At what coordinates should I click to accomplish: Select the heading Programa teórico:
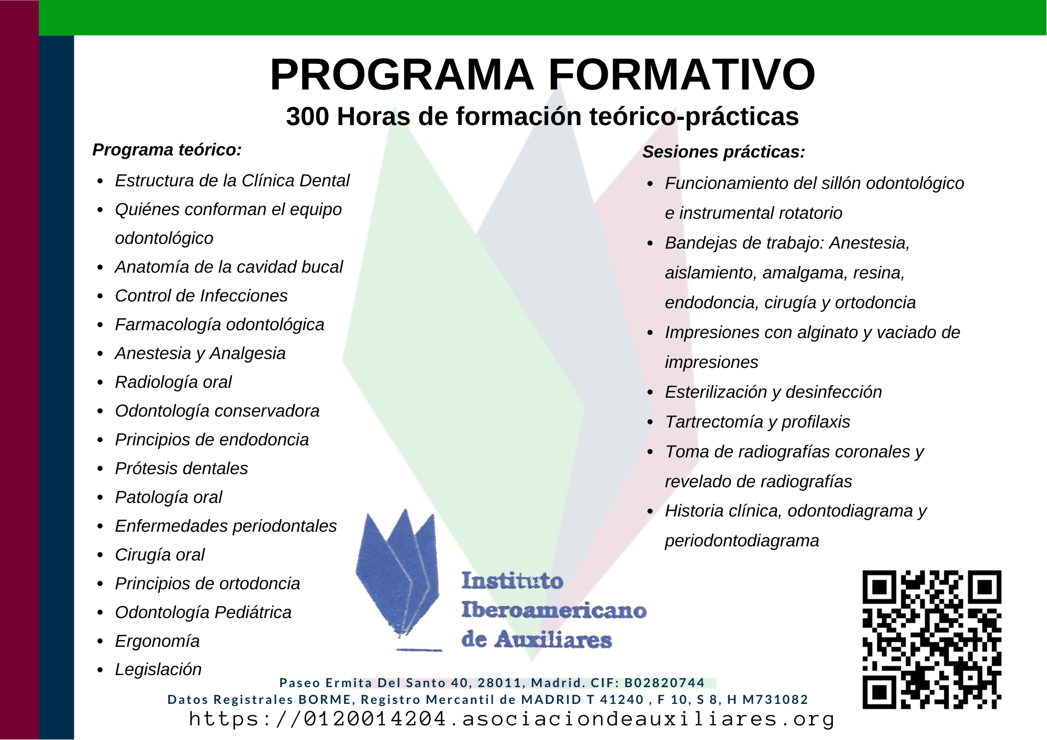click(167, 150)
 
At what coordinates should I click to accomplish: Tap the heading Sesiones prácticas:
click(723, 152)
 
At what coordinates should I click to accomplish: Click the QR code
click(932, 640)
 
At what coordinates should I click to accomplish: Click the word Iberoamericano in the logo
click(554, 610)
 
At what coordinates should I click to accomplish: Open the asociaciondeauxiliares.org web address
click(511, 719)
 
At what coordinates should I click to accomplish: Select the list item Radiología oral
click(173, 382)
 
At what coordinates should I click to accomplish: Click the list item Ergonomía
click(157, 641)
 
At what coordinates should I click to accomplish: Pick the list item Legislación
click(158, 669)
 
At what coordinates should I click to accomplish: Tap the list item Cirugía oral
click(160, 555)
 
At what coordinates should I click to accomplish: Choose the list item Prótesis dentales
click(182, 468)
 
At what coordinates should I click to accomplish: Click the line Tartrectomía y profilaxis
click(758, 422)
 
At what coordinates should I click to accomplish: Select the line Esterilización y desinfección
click(773, 392)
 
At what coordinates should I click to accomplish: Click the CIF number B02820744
click(665, 683)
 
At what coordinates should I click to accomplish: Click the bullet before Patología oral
click(101, 498)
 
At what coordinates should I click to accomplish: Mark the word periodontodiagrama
click(742, 541)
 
